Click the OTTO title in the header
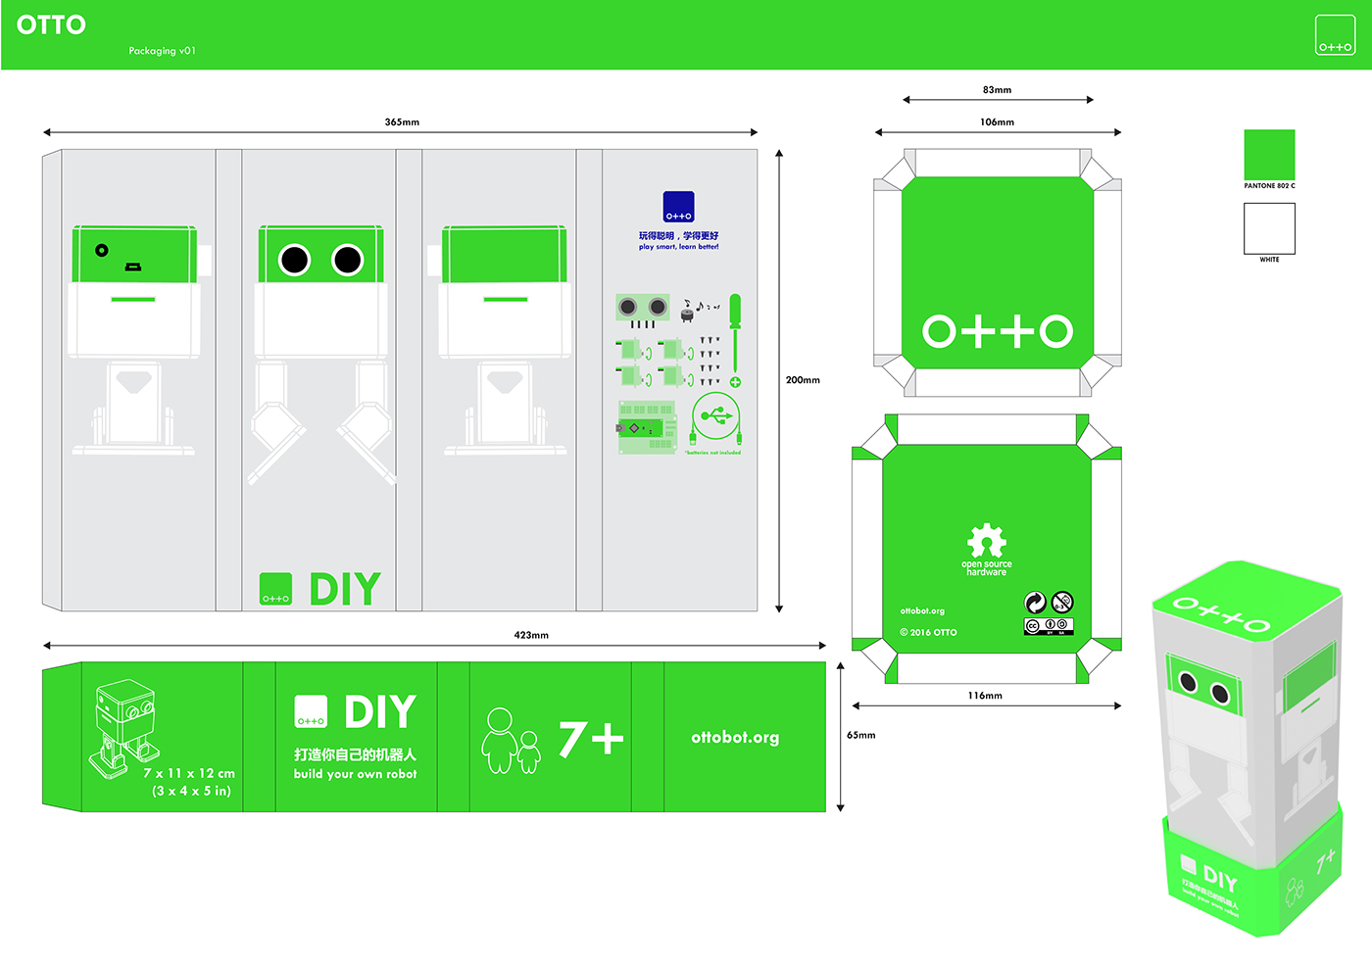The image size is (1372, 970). click(51, 25)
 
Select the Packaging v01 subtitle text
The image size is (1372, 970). click(162, 51)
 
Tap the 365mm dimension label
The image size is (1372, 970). click(402, 122)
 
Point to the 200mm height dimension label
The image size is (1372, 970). click(803, 380)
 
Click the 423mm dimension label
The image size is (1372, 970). click(531, 636)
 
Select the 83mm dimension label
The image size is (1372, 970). click(997, 90)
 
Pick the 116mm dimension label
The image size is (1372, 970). click(985, 696)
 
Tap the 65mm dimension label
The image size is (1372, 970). click(860, 735)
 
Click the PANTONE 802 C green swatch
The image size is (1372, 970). click(1269, 155)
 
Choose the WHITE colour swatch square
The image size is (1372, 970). click(1269, 228)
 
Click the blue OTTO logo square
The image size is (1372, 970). click(678, 207)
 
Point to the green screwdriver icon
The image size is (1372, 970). click(735, 333)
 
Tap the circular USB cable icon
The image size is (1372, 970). click(716, 417)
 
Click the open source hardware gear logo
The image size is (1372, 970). click(987, 542)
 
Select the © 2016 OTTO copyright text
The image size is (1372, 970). click(928, 633)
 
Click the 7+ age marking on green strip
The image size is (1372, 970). click(591, 739)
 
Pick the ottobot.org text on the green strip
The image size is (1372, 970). click(735, 738)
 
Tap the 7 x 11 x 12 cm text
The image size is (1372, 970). click(189, 773)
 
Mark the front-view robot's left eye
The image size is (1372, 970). click(295, 260)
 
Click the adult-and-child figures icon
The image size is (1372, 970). click(511, 741)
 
